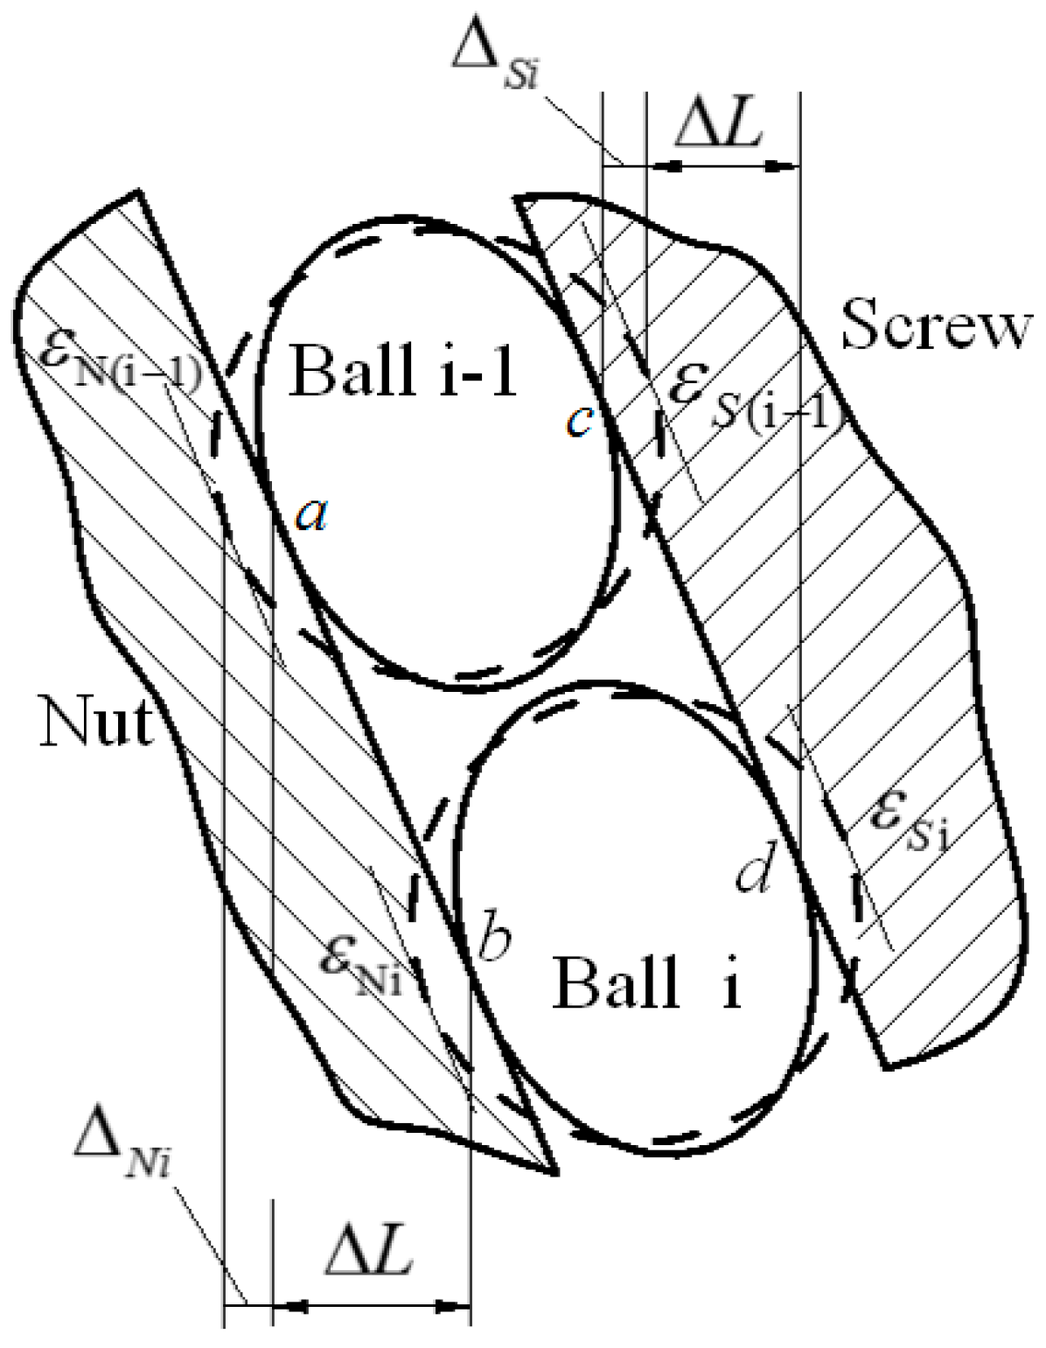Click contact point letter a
(x=310, y=516)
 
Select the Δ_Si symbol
(x=495, y=54)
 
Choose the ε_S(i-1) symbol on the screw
(x=752, y=398)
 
